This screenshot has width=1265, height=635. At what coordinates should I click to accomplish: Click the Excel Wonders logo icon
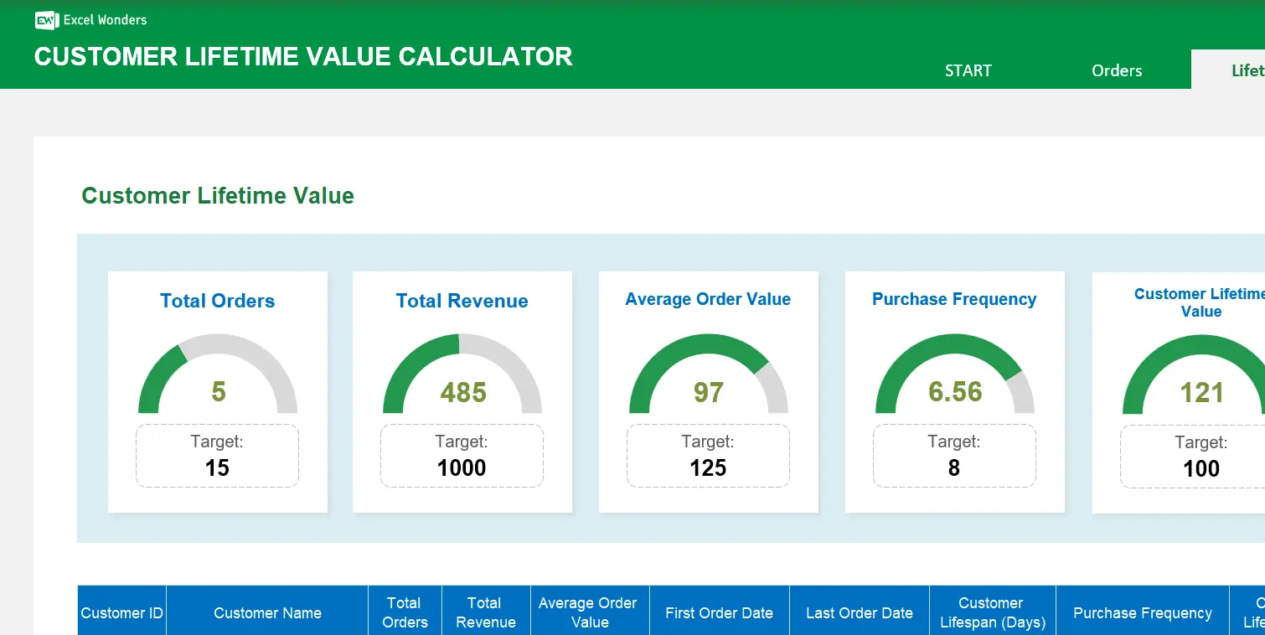click(46, 20)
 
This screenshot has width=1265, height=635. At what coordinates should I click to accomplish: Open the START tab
click(968, 70)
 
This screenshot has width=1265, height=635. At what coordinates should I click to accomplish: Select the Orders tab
click(1116, 70)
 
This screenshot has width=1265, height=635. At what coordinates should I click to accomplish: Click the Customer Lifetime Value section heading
click(218, 196)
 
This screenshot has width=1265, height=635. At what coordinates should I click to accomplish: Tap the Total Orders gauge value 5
click(218, 391)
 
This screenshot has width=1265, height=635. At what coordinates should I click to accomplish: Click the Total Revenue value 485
click(462, 391)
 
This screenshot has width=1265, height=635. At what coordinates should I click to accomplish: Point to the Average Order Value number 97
click(708, 391)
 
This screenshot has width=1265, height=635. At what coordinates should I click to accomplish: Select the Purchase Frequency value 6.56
click(954, 391)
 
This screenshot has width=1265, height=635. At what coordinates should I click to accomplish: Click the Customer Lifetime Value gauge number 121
click(1200, 392)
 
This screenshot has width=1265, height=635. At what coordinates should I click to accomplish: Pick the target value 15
click(217, 467)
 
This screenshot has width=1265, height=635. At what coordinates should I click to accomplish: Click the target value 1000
click(462, 467)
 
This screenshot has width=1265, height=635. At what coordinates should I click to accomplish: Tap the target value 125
click(708, 467)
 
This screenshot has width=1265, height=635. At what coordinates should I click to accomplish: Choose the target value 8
click(953, 467)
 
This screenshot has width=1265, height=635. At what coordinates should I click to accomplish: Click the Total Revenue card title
click(462, 301)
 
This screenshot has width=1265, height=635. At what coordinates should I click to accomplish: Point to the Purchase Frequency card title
click(954, 299)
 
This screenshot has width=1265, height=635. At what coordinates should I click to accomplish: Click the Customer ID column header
click(121, 612)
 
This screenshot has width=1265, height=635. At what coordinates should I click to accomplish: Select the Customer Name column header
click(267, 612)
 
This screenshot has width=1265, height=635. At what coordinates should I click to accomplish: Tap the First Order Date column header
click(719, 612)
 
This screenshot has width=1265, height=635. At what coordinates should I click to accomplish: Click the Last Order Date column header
click(859, 612)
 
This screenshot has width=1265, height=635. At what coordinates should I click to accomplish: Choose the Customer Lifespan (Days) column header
click(992, 612)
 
